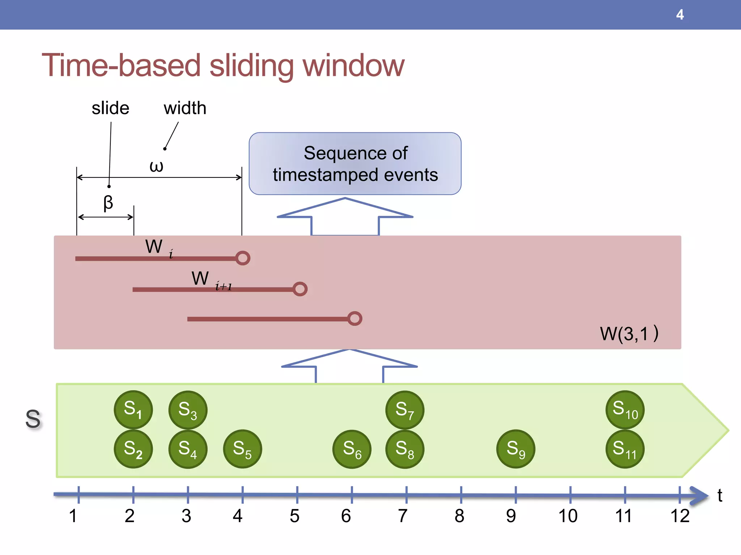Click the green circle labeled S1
133,410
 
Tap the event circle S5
242,449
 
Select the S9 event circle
516,449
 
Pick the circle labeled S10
625,410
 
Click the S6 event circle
352,449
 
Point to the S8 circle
405,449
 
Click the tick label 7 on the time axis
403,516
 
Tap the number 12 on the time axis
680,516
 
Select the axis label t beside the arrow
720,495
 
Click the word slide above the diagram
110,108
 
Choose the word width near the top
185,108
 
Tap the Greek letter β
108,203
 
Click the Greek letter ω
156,166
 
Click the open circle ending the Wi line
243,258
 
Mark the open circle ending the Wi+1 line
300,289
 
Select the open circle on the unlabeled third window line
355,318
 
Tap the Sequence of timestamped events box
355,164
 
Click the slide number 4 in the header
680,15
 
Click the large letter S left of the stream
33,419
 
